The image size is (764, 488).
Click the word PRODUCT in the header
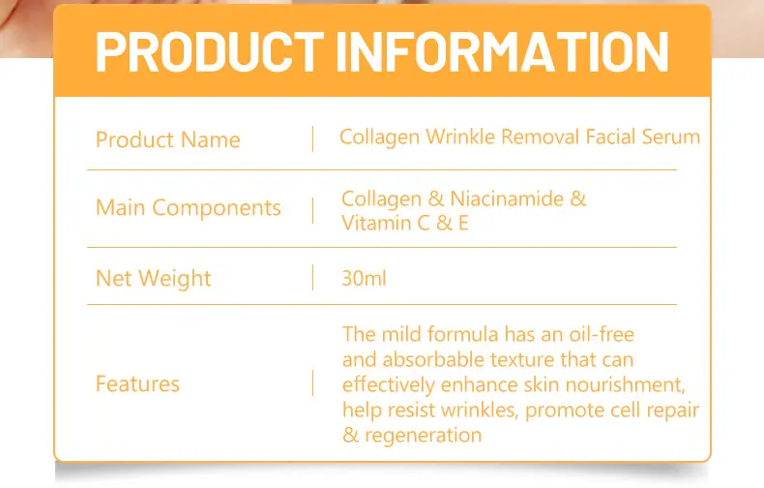click(210, 51)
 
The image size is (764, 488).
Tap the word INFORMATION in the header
click(502, 51)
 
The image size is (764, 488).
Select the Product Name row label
click(168, 140)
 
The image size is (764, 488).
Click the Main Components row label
click(188, 208)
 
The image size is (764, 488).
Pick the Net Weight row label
click(154, 279)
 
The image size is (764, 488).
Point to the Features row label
click(138, 383)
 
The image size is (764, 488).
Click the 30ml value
click(364, 278)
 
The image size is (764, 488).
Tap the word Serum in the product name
click(671, 137)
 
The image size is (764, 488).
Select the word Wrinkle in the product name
click(460, 137)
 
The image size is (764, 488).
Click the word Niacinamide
click(507, 198)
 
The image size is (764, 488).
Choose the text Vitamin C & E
click(405, 223)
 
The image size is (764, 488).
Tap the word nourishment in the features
click(626, 385)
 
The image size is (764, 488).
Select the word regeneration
click(423, 436)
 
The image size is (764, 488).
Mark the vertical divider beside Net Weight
click(312, 278)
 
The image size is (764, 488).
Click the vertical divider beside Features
click(312, 383)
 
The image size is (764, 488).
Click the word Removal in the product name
click(541, 137)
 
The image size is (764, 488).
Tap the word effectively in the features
click(389, 385)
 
